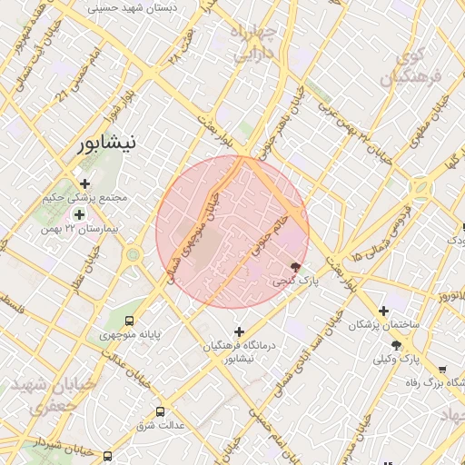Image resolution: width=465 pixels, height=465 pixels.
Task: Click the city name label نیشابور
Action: click(x=107, y=143)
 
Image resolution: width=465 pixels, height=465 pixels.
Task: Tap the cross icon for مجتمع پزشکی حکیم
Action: click(x=85, y=183)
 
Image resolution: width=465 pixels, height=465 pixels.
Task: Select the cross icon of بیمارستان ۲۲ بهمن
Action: click(x=79, y=214)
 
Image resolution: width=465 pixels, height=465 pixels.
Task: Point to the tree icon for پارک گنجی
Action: click(x=296, y=267)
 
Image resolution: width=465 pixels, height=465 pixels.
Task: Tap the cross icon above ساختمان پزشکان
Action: click(x=383, y=311)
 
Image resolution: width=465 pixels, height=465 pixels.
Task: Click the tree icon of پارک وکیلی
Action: click(x=396, y=344)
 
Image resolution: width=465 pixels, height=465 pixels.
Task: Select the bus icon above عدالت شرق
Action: click(x=161, y=411)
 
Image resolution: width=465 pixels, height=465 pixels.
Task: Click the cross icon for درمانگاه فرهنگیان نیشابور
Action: click(x=240, y=331)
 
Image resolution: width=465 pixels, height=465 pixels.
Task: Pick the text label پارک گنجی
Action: click(x=297, y=282)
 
